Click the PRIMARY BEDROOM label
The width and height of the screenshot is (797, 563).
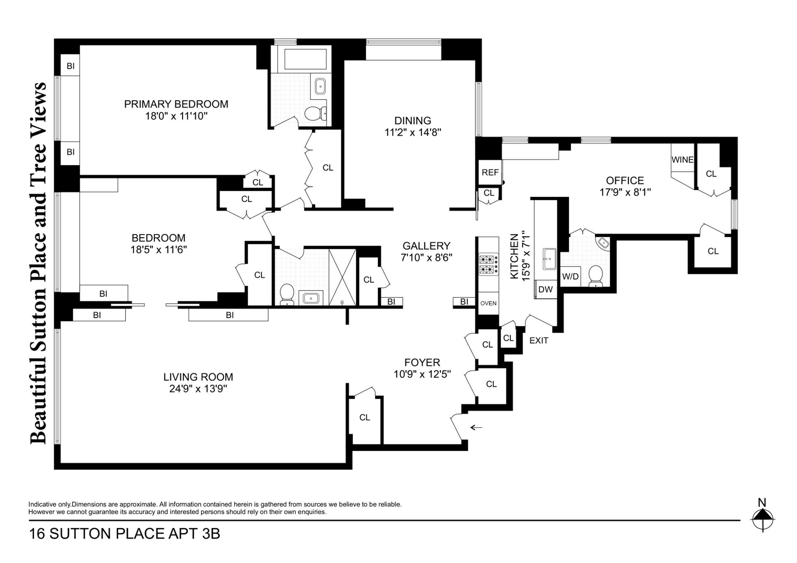click(176, 104)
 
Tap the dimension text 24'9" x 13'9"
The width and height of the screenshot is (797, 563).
click(198, 389)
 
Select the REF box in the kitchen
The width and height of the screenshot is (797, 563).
click(490, 172)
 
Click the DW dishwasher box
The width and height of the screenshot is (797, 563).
click(545, 289)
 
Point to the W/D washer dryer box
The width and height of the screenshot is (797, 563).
click(570, 276)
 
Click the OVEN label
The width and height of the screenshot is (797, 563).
click(488, 303)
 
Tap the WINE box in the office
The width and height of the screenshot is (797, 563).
click(682, 160)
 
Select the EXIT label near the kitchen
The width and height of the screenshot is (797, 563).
click(539, 341)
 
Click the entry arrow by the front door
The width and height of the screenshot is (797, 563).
click(476, 427)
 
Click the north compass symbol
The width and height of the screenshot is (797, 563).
click(763, 519)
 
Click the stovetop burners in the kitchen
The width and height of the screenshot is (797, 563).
click(488, 265)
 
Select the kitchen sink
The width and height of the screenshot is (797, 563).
click(549, 259)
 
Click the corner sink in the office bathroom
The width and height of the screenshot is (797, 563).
click(603, 243)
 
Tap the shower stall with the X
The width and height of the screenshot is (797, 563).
click(342, 277)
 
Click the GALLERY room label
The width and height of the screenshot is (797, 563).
click(426, 246)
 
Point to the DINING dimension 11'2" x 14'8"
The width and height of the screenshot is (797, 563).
click(413, 132)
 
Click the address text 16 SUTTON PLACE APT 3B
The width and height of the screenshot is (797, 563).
click(124, 534)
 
